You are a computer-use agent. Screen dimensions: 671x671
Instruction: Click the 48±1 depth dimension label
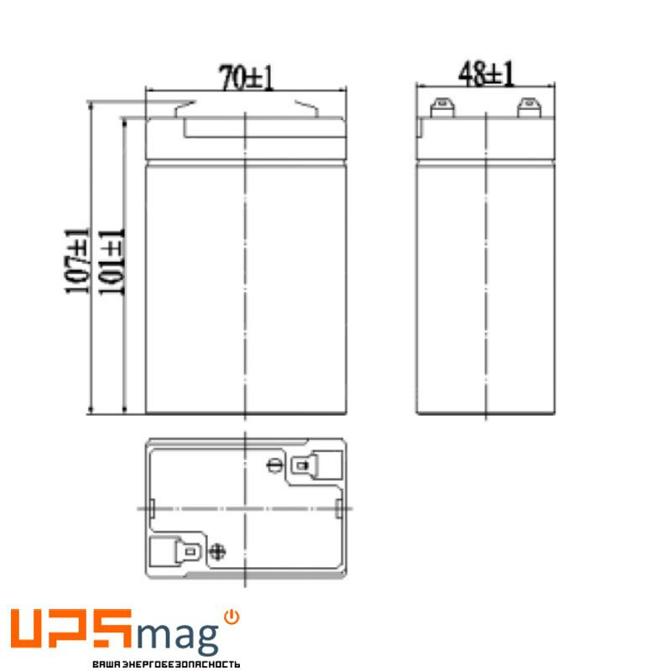point(486,75)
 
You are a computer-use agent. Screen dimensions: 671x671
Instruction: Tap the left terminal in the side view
point(440,107)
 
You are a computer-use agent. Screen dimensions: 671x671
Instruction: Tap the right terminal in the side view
point(529,107)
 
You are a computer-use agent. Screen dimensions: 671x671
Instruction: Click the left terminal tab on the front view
point(185,108)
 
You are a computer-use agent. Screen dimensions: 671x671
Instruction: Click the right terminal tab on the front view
point(306,108)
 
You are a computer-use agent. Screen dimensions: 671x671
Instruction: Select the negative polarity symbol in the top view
point(273,466)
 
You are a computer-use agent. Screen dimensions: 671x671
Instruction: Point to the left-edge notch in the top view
point(153,508)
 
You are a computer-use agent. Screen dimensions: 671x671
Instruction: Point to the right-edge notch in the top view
point(338,508)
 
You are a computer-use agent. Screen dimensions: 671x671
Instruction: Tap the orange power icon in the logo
point(231,616)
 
